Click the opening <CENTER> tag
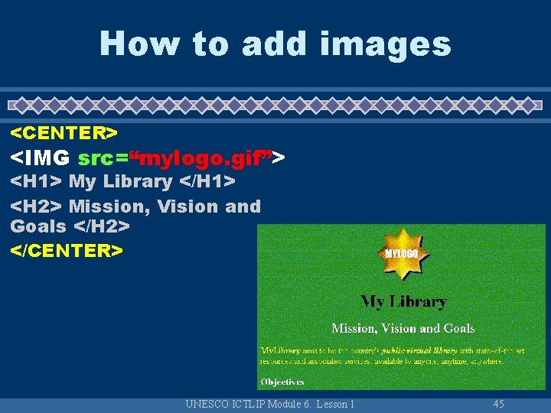click(x=64, y=133)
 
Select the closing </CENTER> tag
click(x=67, y=250)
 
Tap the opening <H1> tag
click(x=36, y=182)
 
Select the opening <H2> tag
click(x=36, y=206)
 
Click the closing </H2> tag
click(x=101, y=226)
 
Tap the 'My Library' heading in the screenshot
click(x=403, y=301)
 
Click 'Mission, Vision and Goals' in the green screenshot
click(x=403, y=328)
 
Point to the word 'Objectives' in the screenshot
click(x=282, y=382)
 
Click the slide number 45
click(x=499, y=404)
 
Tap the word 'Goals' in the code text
click(x=38, y=226)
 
